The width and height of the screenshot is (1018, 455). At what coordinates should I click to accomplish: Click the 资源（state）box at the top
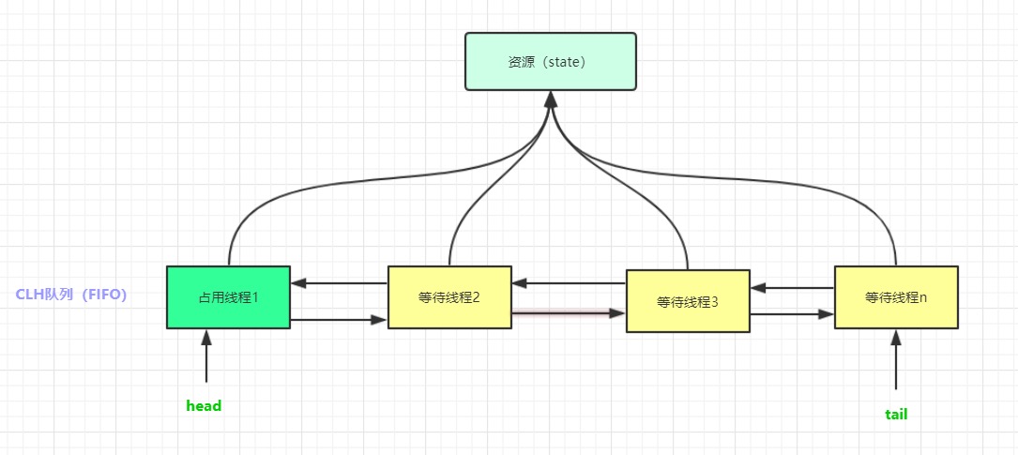[550, 62]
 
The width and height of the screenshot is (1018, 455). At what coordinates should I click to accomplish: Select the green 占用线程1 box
[228, 297]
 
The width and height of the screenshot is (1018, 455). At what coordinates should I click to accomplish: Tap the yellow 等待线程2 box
[449, 297]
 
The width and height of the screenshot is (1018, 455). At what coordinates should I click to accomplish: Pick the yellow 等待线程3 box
[688, 301]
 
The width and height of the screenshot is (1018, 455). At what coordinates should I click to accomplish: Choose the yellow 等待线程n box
[896, 297]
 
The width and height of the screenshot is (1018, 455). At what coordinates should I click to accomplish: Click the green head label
[204, 406]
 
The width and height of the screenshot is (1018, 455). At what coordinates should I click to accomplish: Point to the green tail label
[896, 414]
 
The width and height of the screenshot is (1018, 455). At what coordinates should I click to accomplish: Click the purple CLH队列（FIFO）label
[71, 295]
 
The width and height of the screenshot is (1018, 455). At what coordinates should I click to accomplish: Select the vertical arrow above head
[205, 361]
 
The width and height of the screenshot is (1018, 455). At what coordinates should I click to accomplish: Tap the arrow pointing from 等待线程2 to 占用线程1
[339, 281]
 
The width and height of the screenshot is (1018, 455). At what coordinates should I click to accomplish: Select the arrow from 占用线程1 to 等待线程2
[339, 320]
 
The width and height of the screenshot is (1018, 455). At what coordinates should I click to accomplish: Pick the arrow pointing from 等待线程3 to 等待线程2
[569, 282]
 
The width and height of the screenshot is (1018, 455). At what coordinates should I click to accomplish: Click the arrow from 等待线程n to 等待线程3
[792, 288]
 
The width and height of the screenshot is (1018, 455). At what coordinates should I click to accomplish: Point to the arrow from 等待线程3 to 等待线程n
[792, 313]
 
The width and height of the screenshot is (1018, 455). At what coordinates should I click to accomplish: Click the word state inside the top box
[560, 62]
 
